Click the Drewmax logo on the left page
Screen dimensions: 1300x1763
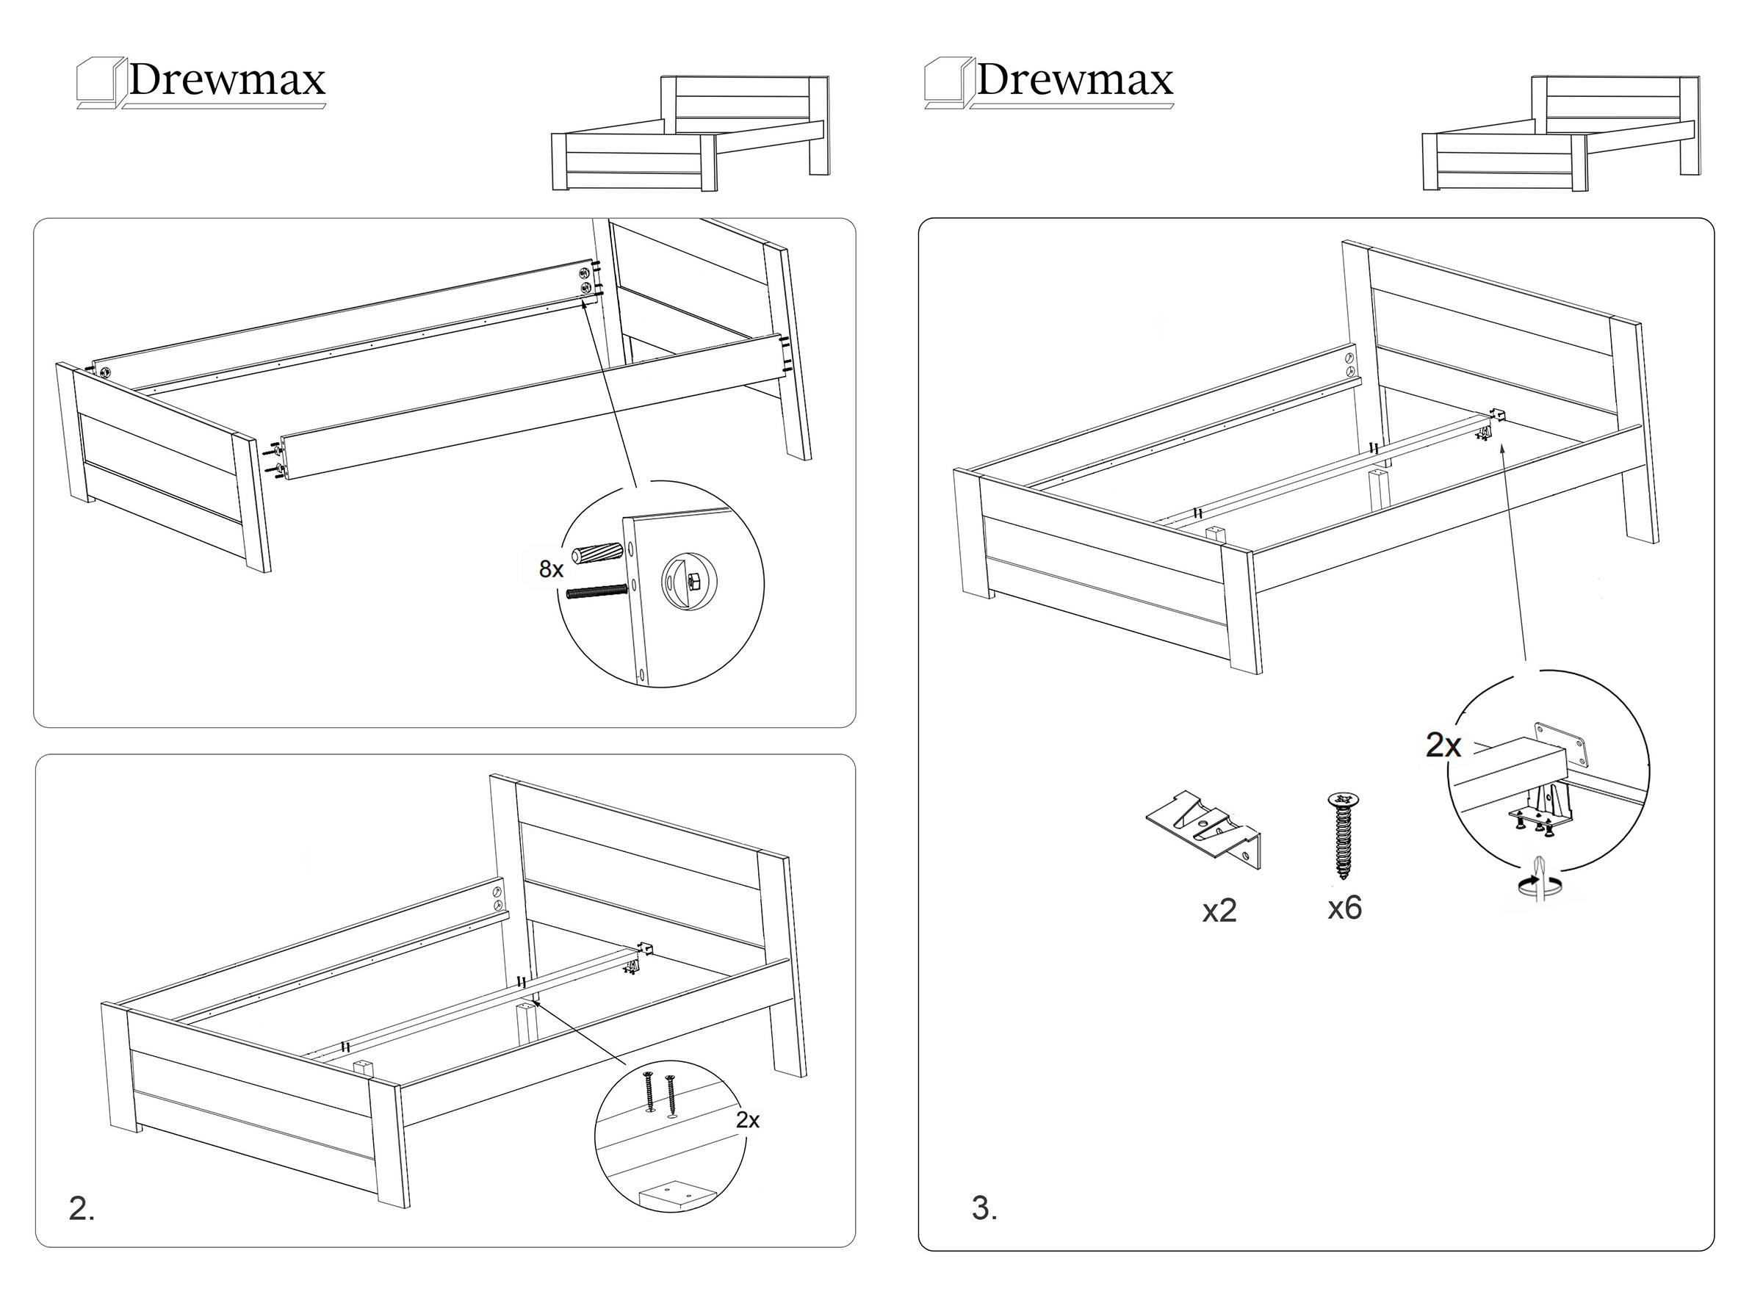[x=201, y=81]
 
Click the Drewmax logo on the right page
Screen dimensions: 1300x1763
[x=1049, y=81]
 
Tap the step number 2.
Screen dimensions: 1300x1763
[x=81, y=1209]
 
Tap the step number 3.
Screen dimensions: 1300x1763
[x=984, y=1209]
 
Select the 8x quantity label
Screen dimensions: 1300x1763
[x=551, y=569]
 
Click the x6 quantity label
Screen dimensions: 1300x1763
[x=1344, y=908]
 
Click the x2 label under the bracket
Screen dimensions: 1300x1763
[x=1219, y=911]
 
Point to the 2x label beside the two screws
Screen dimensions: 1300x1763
[x=747, y=1120]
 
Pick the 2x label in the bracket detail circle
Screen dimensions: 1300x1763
[x=1443, y=745]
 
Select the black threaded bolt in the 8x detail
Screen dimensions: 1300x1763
[x=595, y=593]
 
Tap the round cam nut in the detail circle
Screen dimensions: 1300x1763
[x=690, y=582]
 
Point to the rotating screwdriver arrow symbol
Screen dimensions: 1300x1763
[x=1540, y=884]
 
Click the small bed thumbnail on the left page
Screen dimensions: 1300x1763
[x=691, y=134]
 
